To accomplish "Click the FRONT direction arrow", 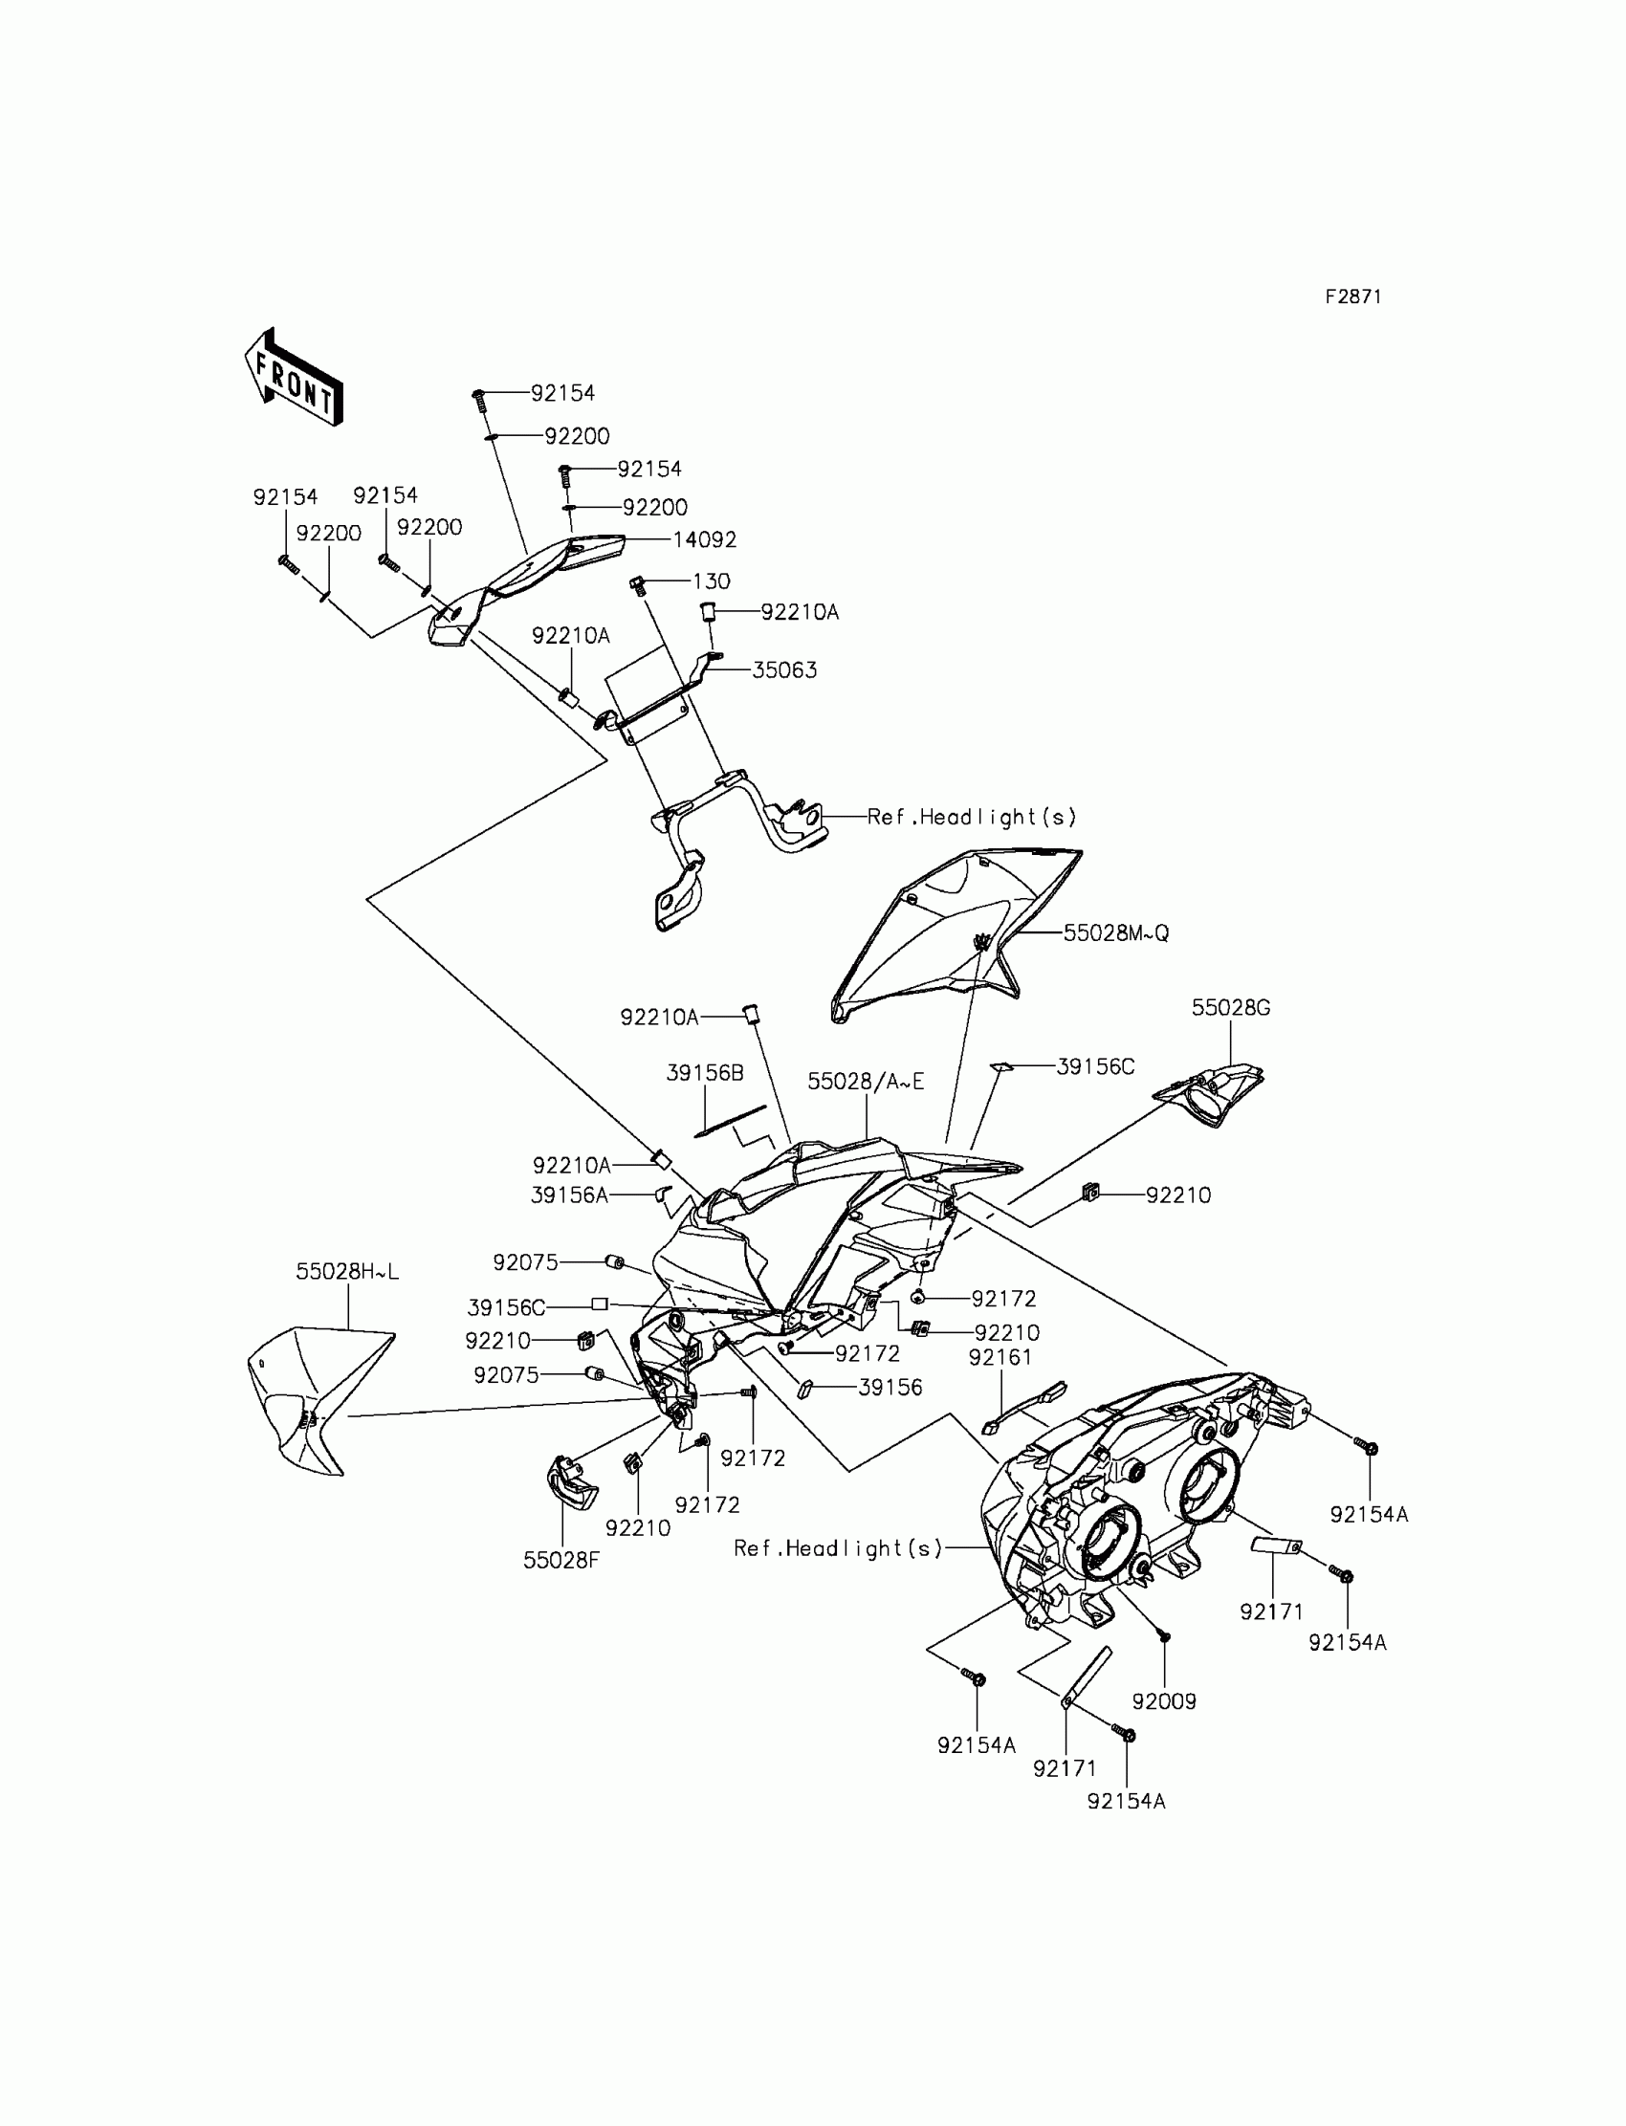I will pos(294,378).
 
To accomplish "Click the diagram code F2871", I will pos(1353,297).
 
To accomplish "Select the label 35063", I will pos(784,669).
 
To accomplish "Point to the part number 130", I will pos(712,581).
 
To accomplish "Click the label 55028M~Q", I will pos(1116,932).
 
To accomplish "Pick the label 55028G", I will pos(1230,1007).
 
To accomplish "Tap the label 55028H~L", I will pos(346,1272).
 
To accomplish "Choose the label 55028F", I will pos(561,1560).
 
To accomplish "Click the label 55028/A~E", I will pos(866,1082).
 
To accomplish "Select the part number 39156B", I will pos(705,1072).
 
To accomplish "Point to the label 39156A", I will pos(569,1195).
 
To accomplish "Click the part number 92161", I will pos(1000,1358).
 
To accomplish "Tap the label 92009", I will pos(1163,1701).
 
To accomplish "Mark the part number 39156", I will pos(890,1387).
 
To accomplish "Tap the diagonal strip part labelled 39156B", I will pos(731,1121).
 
